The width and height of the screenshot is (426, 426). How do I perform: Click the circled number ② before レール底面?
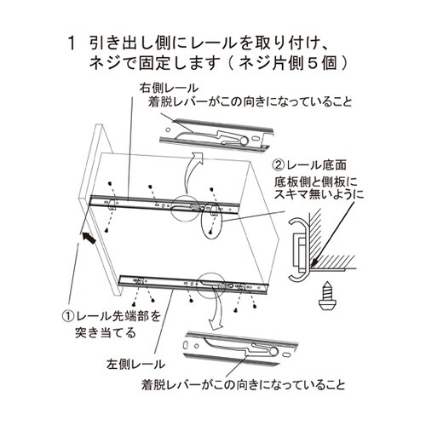pos(279,165)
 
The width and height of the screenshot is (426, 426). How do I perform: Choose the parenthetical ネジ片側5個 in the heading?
pos(291,64)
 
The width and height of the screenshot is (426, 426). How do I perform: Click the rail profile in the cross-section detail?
pos(298,247)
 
